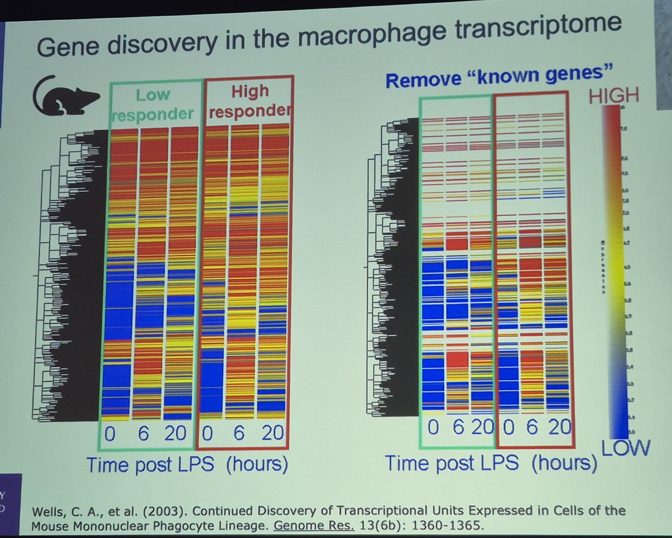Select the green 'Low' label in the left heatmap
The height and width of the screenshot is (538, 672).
(153, 95)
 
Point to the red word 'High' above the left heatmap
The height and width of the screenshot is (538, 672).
(250, 91)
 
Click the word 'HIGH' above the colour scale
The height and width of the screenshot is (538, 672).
(614, 95)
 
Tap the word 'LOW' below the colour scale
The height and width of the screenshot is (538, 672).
(625, 448)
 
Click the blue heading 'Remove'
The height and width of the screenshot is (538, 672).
(423, 80)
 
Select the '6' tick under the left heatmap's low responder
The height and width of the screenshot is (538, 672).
(143, 433)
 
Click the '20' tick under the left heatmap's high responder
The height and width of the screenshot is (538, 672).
(272, 433)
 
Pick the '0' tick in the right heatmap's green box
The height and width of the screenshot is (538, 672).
(433, 428)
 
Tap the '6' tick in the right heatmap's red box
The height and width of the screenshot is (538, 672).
(532, 427)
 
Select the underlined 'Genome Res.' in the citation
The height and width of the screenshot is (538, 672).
(313, 526)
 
